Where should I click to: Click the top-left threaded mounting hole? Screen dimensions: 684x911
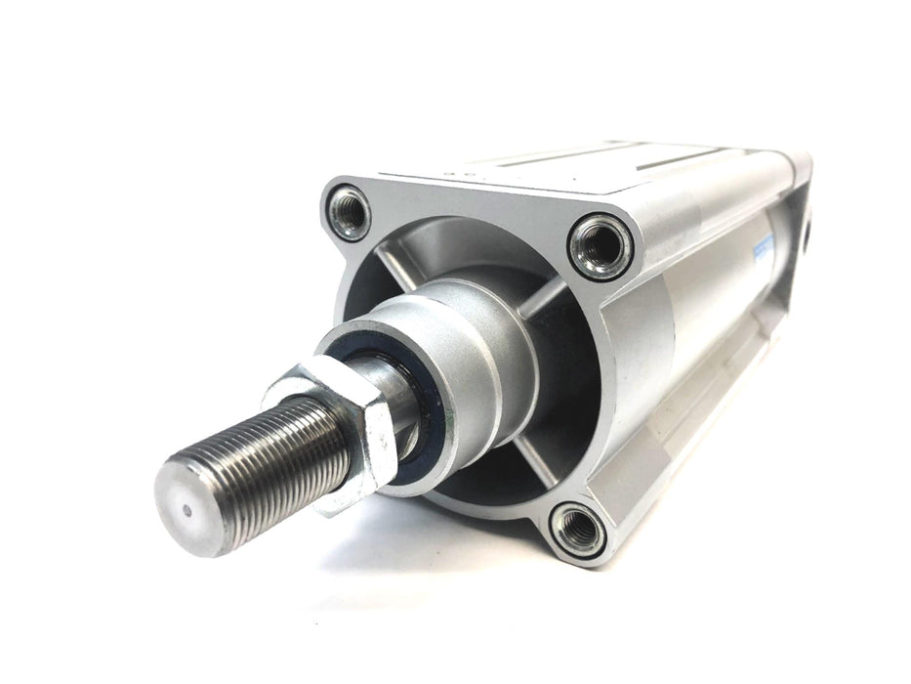click(349, 212)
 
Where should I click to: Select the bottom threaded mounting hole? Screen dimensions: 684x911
click(577, 529)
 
